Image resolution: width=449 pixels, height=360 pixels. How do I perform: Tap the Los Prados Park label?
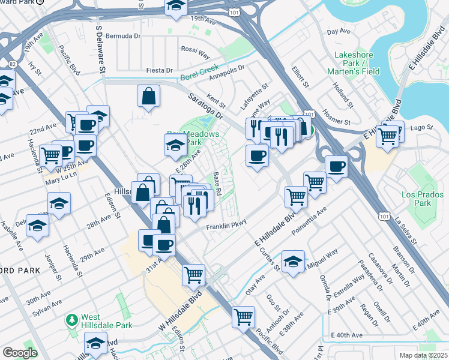(x=417, y=199)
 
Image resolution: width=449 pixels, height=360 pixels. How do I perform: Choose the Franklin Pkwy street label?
(x=227, y=227)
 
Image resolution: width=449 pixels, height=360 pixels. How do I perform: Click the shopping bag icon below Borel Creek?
(x=148, y=96)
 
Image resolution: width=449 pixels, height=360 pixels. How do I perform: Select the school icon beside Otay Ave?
(x=293, y=262)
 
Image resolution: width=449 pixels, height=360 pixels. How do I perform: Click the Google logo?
(x=20, y=353)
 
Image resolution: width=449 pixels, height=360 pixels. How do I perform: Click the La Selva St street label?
(x=406, y=230)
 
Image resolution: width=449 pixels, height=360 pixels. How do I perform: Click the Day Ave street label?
(x=339, y=31)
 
